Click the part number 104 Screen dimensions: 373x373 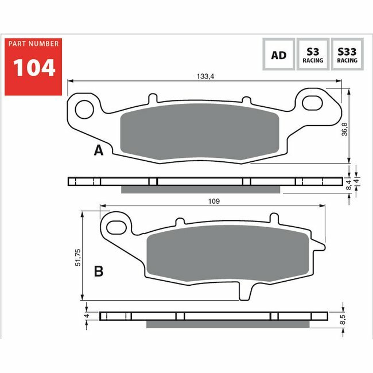(34, 68)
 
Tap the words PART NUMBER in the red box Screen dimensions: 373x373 (33, 44)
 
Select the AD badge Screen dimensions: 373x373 (278, 55)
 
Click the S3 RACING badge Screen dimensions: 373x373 (313, 55)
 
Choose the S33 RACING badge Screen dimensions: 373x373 (347, 55)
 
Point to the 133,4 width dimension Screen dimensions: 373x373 (205, 76)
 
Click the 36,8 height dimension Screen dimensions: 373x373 (344, 130)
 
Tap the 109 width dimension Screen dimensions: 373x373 (214, 201)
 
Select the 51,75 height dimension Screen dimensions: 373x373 (78, 258)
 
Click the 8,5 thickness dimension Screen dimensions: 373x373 (343, 319)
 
